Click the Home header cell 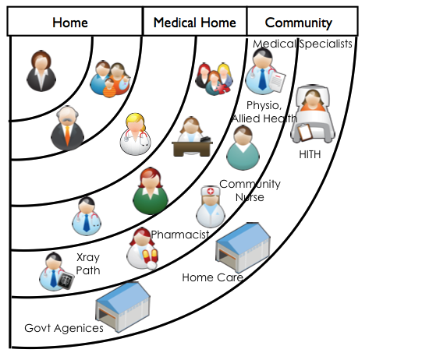[75, 22]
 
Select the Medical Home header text [194, 23]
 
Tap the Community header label [299, 23]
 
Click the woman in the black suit [41, 71]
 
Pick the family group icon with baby [110, 79]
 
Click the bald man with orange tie [67, 128]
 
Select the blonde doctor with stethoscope [136, 134]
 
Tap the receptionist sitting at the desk [192, 136]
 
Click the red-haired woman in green [151, 191]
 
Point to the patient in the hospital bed [313, 114]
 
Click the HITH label [310, 154]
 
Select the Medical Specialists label [302, 44]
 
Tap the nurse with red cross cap [211, 206]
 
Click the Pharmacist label [179, 235]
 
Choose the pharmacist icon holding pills [142, 249]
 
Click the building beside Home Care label [243, 247]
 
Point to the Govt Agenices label [64, 328]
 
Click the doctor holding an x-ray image [56, 271]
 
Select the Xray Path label [88, 263]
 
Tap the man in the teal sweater [243, 148]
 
